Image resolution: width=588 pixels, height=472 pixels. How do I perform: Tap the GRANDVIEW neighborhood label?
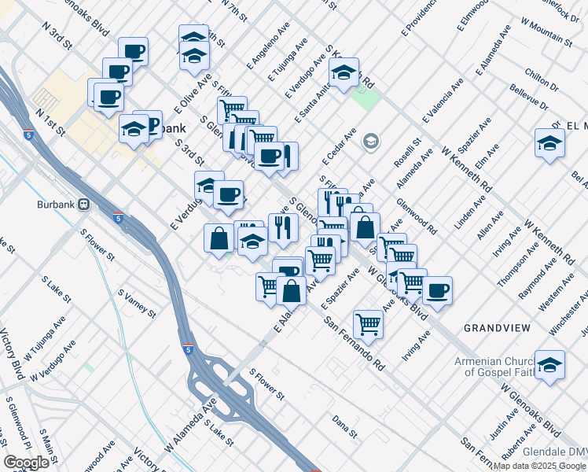tap(497, 326)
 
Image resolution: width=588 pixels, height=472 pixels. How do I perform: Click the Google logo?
tap(26, 462)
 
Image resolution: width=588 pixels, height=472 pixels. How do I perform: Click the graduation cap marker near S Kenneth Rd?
tap(344, 72)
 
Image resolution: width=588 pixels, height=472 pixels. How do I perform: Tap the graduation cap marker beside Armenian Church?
tap(549, 364)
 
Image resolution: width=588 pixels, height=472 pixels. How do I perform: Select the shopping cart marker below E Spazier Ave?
tap(368, 323)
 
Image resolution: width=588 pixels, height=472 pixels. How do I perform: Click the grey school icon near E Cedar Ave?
tap(369, 142)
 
